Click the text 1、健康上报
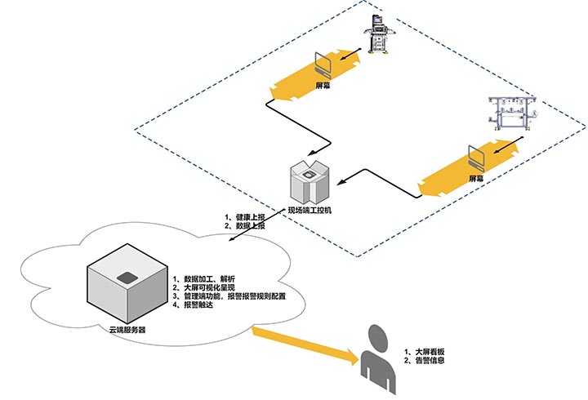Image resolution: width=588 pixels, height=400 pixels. pyautogui.click(x=245, y=217)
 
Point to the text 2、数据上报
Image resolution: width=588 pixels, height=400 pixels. pyautogui.click(x=245, y=226)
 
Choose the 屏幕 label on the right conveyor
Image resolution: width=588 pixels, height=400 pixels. pyautogui.click(x=476, y=177)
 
